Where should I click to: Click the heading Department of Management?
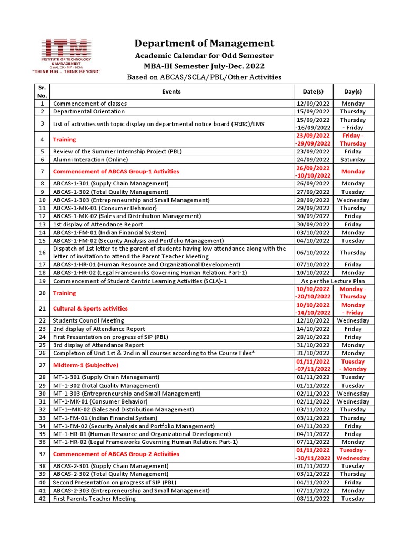coord(204,43)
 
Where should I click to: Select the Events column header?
coord(171,91)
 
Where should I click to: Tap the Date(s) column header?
coord(313,91)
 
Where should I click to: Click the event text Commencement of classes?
coord(90,104)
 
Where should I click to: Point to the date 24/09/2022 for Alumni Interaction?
coord(313,159)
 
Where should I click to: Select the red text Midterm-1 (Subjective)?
coord(86,365)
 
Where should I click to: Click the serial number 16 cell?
coord(42,253)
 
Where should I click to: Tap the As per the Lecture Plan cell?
coord(333,281)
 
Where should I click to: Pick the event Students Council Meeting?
coord(88,320)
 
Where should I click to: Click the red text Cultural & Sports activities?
coord(90,308)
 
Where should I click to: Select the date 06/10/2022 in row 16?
coord(313,253)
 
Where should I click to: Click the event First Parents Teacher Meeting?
coord(94,499)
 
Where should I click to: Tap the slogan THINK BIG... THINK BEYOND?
coord(66,71)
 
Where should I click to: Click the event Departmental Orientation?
coord(89,111)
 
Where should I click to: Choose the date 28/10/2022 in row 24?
coord(313,337)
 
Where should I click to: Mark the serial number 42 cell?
coord(42,499)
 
